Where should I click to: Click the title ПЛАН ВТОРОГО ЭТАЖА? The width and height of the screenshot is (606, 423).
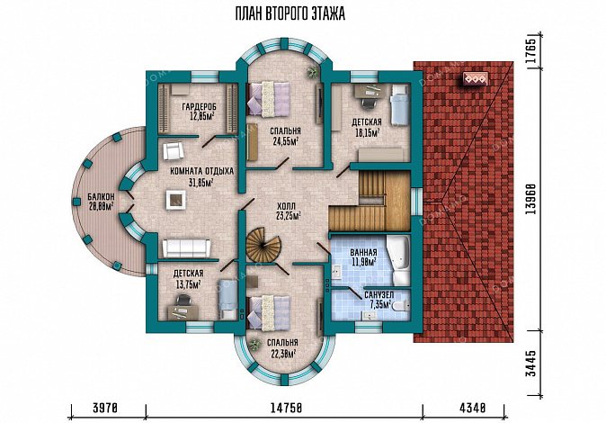290,14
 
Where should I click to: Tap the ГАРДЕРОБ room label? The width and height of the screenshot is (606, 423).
199,106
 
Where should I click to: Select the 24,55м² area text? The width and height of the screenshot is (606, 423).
285,141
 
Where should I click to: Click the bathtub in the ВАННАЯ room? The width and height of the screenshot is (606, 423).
398,259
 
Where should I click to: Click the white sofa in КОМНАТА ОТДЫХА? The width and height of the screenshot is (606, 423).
186,248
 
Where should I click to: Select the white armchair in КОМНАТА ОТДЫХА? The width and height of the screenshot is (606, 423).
173,150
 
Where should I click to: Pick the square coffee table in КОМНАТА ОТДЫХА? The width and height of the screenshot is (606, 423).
176,200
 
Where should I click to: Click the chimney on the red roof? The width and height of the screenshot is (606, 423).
475,79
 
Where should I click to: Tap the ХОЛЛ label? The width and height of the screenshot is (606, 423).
289,205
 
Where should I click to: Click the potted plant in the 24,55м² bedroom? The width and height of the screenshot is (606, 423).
313,72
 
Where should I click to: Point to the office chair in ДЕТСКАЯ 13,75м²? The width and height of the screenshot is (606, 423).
183,301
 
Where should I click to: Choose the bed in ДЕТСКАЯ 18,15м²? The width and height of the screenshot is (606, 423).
399,104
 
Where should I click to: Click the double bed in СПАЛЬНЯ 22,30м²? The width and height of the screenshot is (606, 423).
268,312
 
